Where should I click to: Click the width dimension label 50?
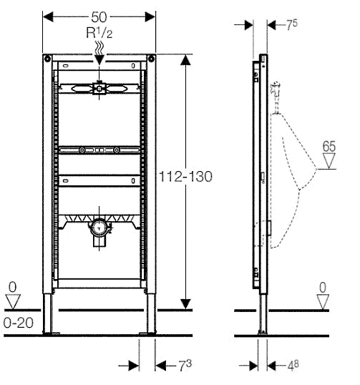click(x=99, y=17)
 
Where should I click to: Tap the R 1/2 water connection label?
click(x=99, y=33)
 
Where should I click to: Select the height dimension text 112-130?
click(x=185, y=177)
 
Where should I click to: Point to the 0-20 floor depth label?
click(x=19, y=323)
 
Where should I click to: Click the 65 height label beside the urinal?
click(x=329, y=146)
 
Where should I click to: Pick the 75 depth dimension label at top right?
click(x=292, y=24)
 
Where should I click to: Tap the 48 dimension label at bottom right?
click(x=293, y=366)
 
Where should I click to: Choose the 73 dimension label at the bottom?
click(x=185, y=366)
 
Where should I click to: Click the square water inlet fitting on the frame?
click(x=99, y=89)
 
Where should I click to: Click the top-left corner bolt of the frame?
click(x=47, y=59)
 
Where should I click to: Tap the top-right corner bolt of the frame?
click(x=152, y=59)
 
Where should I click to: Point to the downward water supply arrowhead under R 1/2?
click(x=99, y=60)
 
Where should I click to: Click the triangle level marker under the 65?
click(x=329, y=161)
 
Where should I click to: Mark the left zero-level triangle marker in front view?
click(x=13, y=302)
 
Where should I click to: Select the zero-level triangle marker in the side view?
click(x=323, y=302)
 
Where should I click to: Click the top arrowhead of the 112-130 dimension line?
click(x=185, y=59)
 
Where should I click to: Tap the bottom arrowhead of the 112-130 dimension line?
click(x=185, y=304)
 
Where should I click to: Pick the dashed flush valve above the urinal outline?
click(x=276, y=97)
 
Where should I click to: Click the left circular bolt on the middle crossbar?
click(x=82, y=150)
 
